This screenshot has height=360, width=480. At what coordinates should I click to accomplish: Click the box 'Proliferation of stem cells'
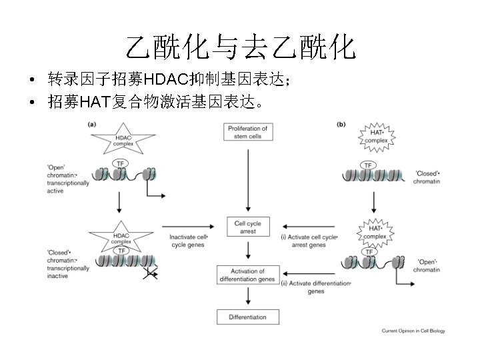[248, 132]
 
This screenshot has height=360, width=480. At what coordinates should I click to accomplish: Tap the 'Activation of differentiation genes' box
[248, 275]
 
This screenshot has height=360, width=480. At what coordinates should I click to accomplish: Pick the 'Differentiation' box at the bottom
[248, 317]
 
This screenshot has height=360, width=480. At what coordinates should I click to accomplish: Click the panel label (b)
[341, 123]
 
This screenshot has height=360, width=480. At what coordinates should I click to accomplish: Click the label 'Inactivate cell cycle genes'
[189, 241]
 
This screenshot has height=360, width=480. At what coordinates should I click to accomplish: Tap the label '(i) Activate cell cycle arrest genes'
[309, 241]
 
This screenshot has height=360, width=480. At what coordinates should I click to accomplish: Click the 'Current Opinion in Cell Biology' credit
[413, 331]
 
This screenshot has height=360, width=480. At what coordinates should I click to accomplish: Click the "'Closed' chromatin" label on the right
[427, 177]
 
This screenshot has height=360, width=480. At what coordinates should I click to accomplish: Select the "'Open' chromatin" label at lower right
[427, 265]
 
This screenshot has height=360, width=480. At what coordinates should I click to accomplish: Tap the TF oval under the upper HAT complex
[367, 165]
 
